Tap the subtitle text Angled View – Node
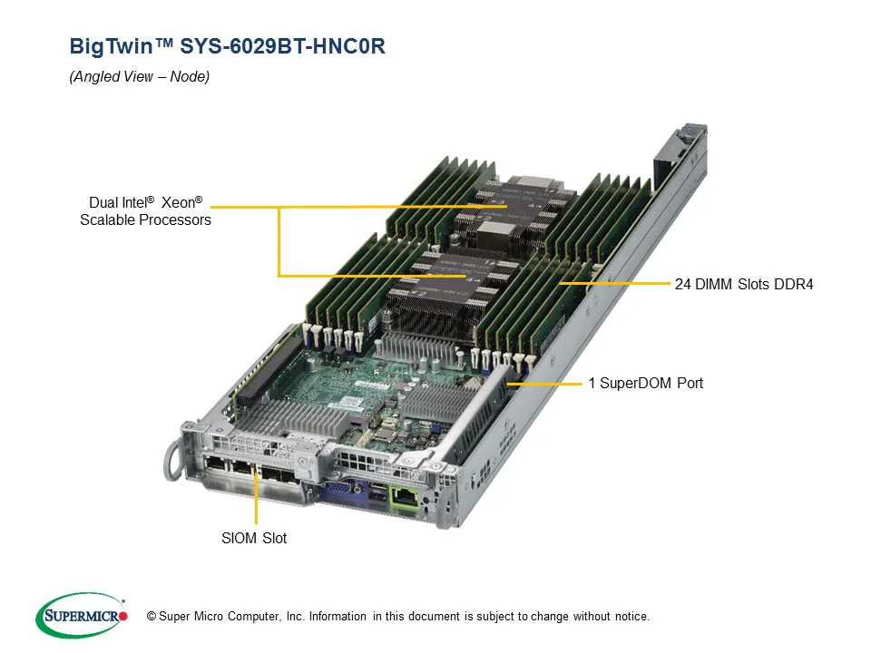pos(140,77)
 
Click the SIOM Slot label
pos(254,538)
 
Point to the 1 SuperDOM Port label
pos(645,384)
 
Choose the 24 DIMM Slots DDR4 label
pos(744,284)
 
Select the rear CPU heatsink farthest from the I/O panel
pos(513,209)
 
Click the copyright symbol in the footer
pos(152,617)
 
